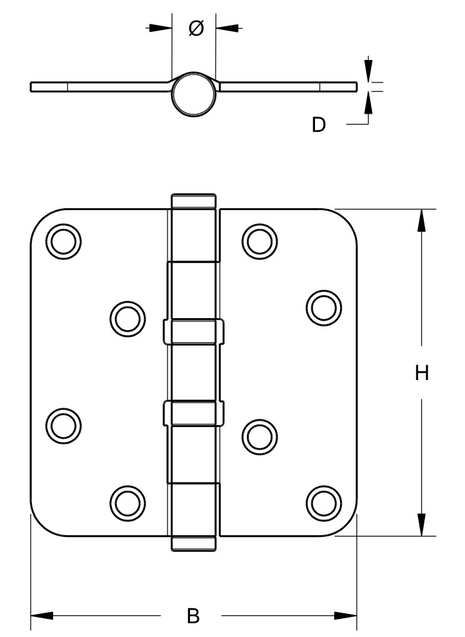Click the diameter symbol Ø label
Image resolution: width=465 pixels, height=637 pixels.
[x=195, y=28]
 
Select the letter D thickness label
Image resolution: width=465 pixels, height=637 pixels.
[x=319, y=125]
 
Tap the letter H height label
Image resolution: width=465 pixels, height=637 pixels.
[x=422, y=373]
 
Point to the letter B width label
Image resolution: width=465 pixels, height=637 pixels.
[x=194, y=616]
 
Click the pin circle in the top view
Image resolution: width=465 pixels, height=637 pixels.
[x=193, y=94]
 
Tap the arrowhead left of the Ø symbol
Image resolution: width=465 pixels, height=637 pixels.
[x=162, y=28]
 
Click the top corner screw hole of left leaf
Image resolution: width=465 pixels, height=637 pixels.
[x=63, y=241]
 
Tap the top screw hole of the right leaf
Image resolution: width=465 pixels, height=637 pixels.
[x=260, y=241]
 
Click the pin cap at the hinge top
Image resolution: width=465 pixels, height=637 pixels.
[x=194, y=201]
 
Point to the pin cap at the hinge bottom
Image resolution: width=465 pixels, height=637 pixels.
[x=194, y=543]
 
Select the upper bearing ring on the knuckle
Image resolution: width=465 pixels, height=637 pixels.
[x=194, y=331]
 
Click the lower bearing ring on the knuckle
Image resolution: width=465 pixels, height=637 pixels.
[x=194, y=413]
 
